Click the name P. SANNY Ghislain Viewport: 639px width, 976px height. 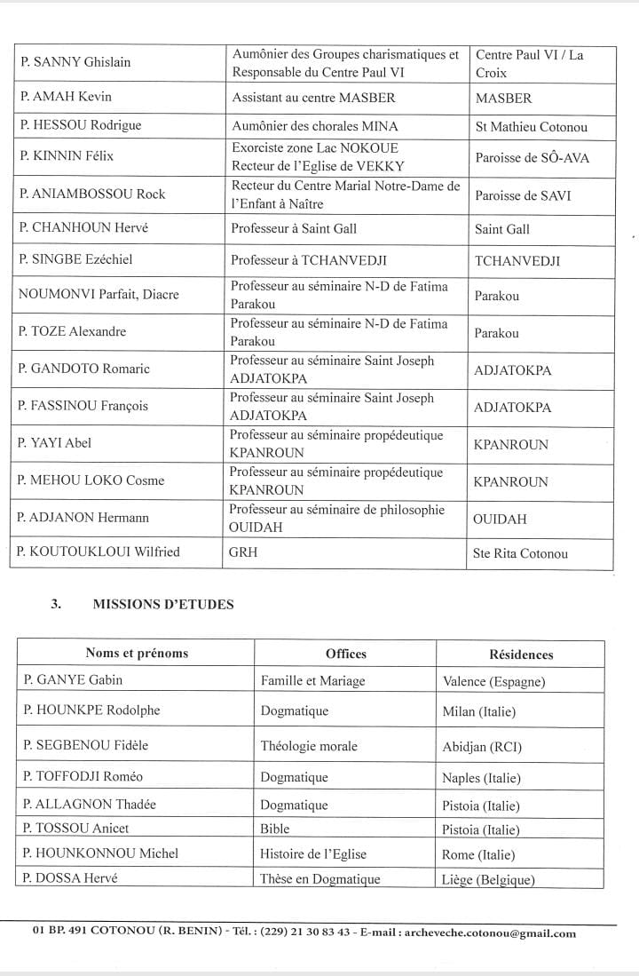[x=75, y=62]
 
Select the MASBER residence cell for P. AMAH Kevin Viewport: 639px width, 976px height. [x=502, y=98]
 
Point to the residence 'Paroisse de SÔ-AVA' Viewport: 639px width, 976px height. [x=532, y=158]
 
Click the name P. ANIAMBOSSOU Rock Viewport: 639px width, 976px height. [x=92, y=194]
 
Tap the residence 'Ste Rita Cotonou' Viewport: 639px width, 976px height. [x=521, y=553]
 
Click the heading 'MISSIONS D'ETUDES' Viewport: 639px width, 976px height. [x=163, y=604]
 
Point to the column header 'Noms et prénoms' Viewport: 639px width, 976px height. [x=137, y=653]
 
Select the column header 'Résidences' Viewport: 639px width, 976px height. [x=520, y=655]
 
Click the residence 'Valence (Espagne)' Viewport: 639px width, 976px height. [x=493, y=682]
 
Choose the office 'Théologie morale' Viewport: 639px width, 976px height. [x=309, y=746]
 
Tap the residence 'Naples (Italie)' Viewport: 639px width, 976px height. [x=481, y=778]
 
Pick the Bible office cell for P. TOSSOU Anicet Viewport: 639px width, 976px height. [x=275, y=829]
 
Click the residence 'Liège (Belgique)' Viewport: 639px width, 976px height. [x=488, y=879]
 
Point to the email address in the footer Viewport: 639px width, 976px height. [x=487, y=932]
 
